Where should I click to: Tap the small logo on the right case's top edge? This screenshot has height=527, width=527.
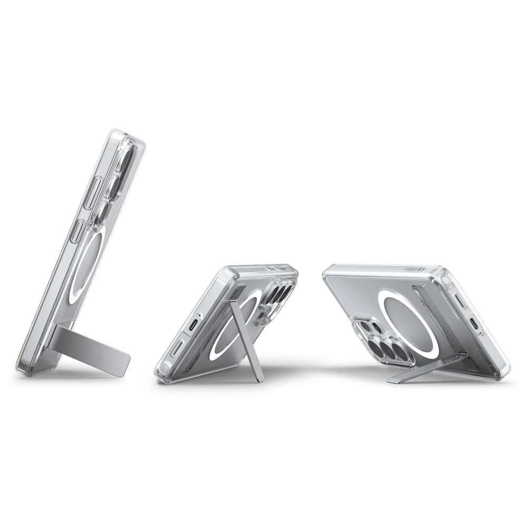click(x=409, y=268)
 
